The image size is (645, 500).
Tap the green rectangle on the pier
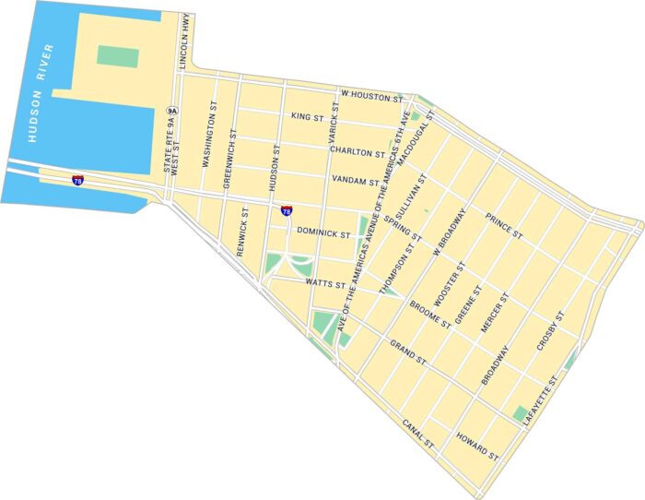(118, 56)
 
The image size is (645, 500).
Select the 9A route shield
(171, 111)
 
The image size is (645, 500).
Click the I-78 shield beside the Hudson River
(78, 180)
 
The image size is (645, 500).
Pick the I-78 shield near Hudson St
(287, 210)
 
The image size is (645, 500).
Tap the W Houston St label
(372, 95)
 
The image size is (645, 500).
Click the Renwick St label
(243, 231)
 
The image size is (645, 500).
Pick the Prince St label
(503, 229)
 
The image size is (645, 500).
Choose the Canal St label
(418, 433)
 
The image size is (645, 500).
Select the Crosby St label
(550, 332)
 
